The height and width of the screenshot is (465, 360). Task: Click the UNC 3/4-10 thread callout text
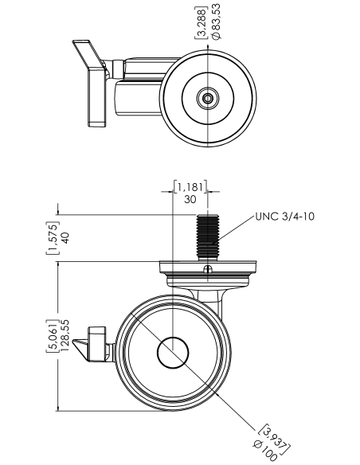click(284, 217)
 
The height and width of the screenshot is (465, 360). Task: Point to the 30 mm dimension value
click(190, 199)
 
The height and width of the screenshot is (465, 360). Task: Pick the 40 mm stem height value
click(65, 238)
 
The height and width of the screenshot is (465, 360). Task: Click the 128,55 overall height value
click(65, 335)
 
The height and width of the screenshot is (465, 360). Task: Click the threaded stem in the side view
click(208, 236)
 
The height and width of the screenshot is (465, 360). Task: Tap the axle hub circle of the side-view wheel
click(173, 353)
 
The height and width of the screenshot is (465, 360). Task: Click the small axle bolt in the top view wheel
click(208, 98)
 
